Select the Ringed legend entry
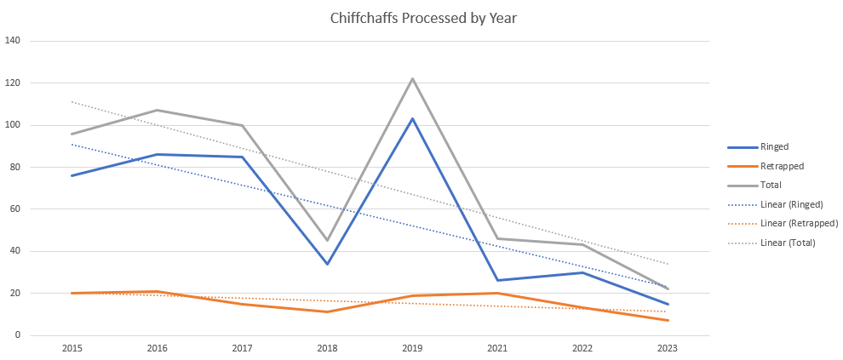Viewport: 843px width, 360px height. tap(774, 146)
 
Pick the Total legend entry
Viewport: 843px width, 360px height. tap(771, 185)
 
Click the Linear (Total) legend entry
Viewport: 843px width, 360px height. tap(788, 243)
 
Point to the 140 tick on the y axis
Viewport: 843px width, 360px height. tap(13, 41)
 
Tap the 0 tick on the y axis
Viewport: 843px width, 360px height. tap(18, 335)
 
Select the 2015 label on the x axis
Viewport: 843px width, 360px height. tap(72, 349)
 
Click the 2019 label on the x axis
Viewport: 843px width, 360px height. tap(413, 349)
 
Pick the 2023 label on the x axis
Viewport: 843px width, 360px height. tap(668, 349)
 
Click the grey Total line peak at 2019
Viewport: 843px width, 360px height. tap(413, 79)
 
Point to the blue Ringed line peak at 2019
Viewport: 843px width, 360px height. tap(413, 119)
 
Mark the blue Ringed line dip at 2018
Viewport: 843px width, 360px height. tap(328, 264)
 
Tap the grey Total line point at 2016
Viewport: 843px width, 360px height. tap(158, 111)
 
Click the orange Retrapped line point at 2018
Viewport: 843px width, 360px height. tap(328, 311)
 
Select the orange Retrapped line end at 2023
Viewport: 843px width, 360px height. tap(668, 320)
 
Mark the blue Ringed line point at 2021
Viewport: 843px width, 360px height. tap(498, 280)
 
